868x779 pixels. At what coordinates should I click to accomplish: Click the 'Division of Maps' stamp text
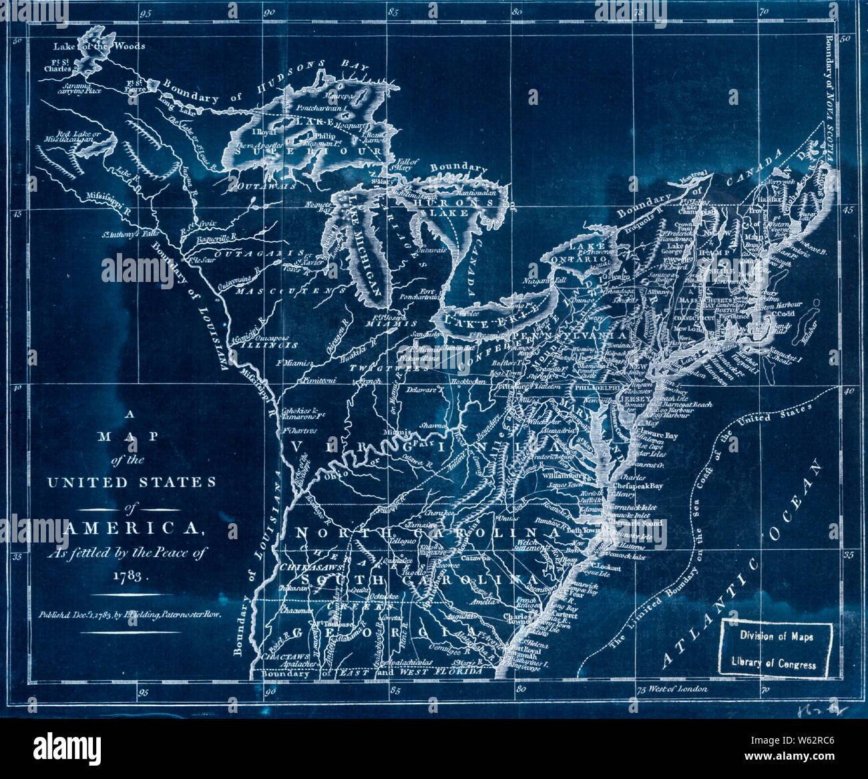(x=776, y=637)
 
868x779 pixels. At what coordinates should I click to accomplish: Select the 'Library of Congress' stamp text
(x=774, y=664)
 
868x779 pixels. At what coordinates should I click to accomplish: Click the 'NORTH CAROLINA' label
(x=427, y=533)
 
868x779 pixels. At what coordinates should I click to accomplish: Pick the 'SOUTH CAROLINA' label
(x=409, y=579)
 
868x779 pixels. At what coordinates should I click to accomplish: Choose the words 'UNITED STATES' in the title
(x=132, y=482)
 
